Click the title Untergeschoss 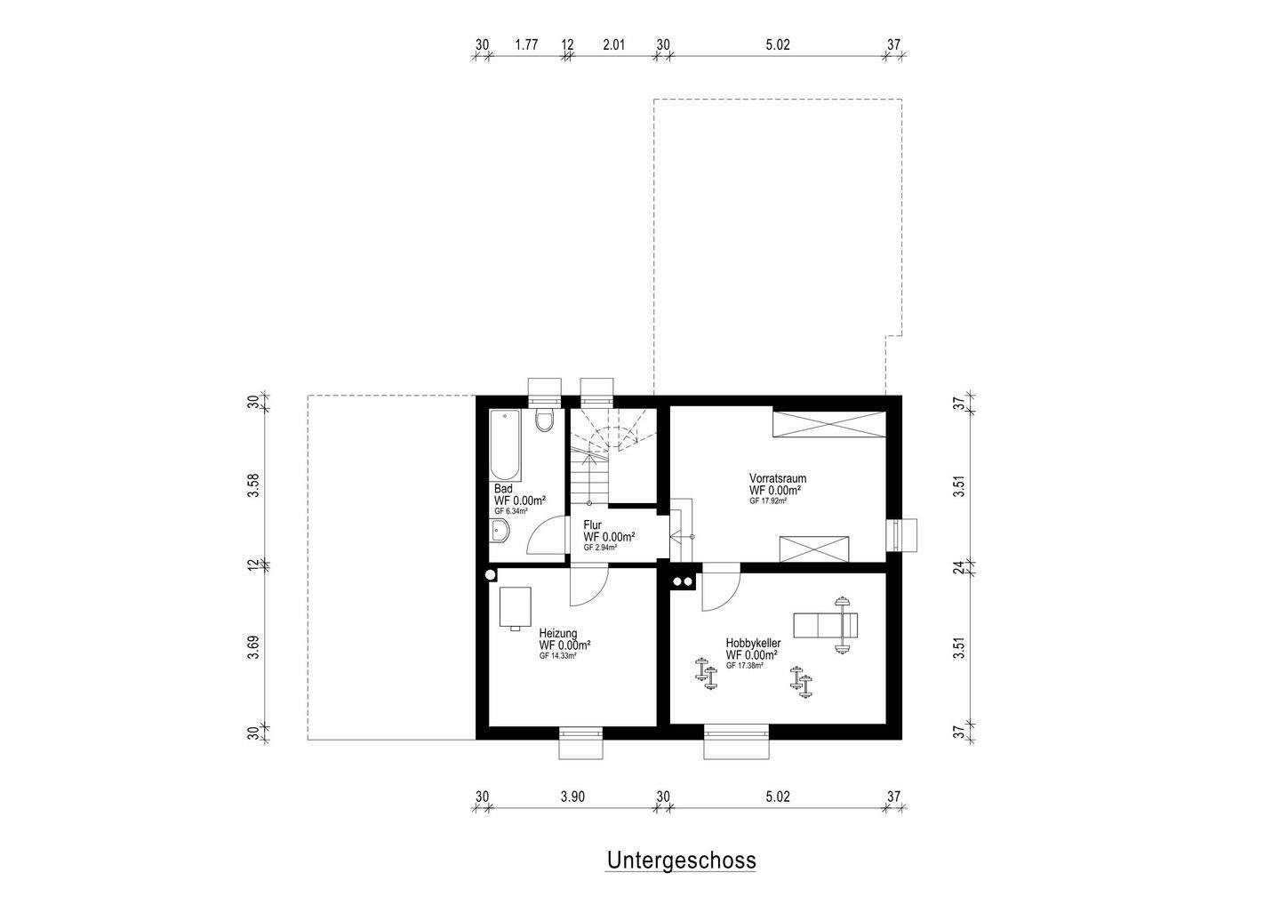click(681, 861)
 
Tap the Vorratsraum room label click(777, 478)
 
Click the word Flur click(592, 525)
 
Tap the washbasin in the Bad click(500, 532)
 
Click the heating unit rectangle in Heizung click(515, 607)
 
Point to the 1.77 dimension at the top click(526, 45)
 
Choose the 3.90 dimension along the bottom click(573, 797)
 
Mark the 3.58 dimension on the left click(254, 485)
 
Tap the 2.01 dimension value click(614, 45)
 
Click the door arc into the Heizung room click(588, 585)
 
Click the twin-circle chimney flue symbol click(683, 582)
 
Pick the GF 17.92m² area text click(767, 501)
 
